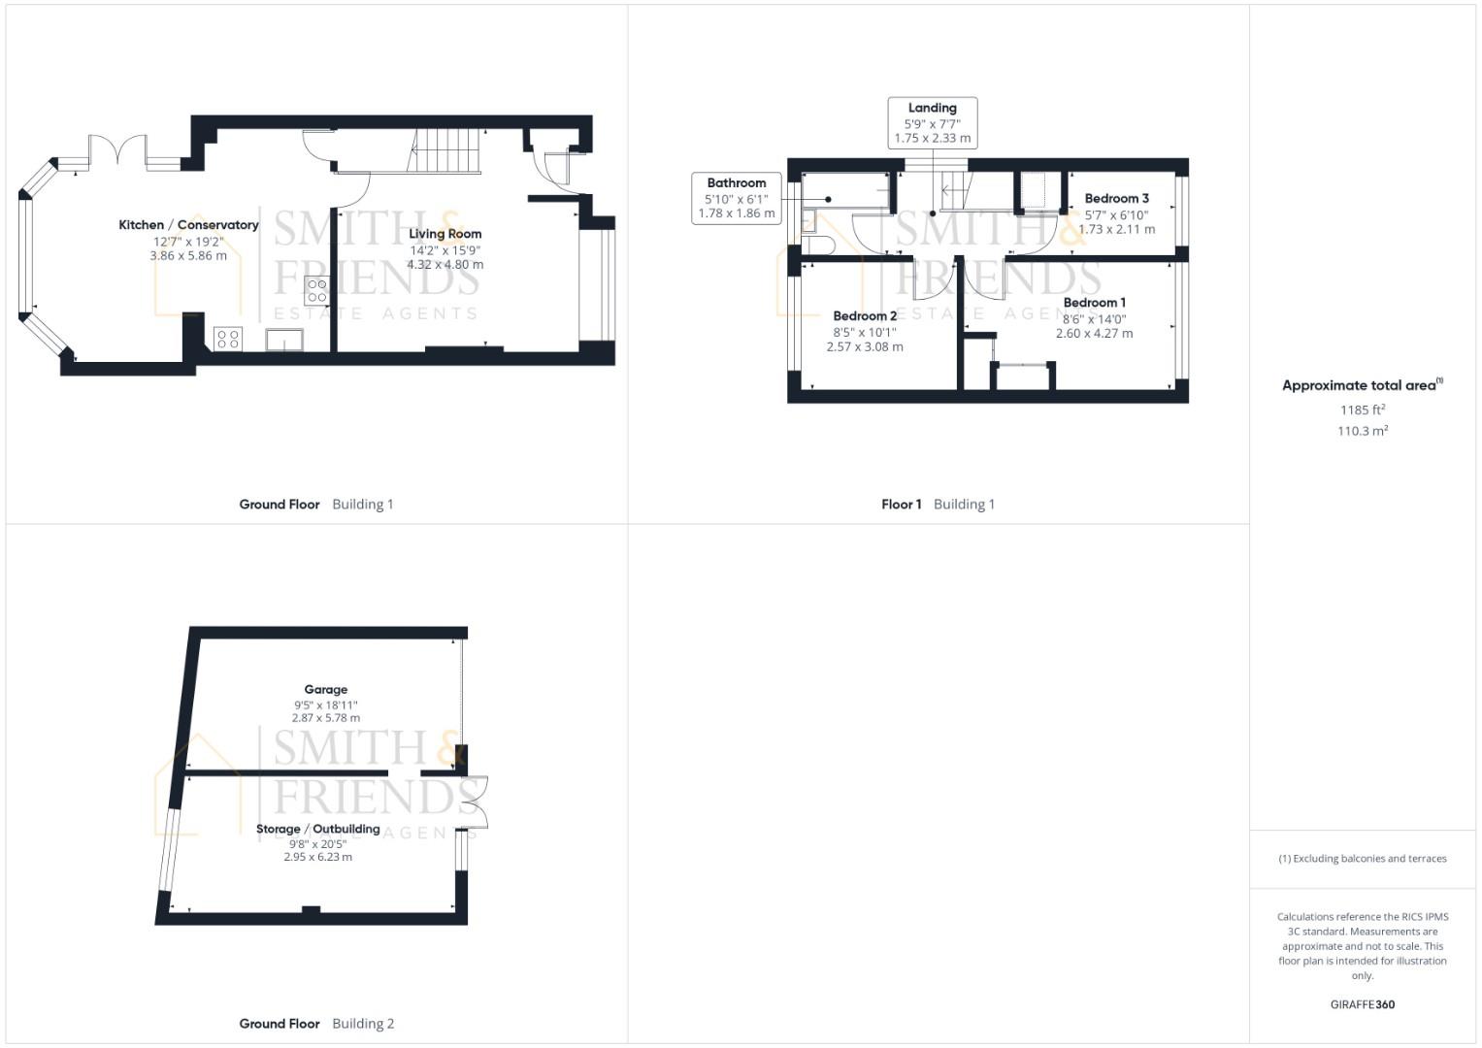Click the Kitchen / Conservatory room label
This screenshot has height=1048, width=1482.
click(x=188, y=225)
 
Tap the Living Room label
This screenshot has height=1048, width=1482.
click(x=445, y=234)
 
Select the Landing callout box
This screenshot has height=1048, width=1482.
click(x=932, y=122)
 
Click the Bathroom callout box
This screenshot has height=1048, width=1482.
click(x=736, y=198)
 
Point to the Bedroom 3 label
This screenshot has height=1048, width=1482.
click(x=1116, y=199)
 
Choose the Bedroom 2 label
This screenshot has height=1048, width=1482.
click(x=865, y=316)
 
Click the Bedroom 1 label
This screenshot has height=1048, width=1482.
click(x=1094, y=303)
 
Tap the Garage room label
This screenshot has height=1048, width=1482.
click(x=325, y=690)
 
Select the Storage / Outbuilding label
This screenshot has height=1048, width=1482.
click(x=317, y=830)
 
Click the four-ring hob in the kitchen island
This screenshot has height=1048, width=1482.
click(x=316, y=290)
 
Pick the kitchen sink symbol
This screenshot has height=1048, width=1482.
click(x=284, y=340)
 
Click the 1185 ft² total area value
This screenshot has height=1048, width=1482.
click(x=1362, y=409)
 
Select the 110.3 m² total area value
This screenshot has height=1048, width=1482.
click(x=1362, y=432)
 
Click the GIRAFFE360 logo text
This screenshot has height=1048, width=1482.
click(x=1362, y=1004)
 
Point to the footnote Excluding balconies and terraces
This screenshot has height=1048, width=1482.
click(x=1362, y=859)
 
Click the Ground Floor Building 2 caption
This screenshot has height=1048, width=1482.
click(x=316, y=1024)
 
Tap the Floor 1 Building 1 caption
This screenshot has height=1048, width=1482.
click(x=938, y=505)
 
